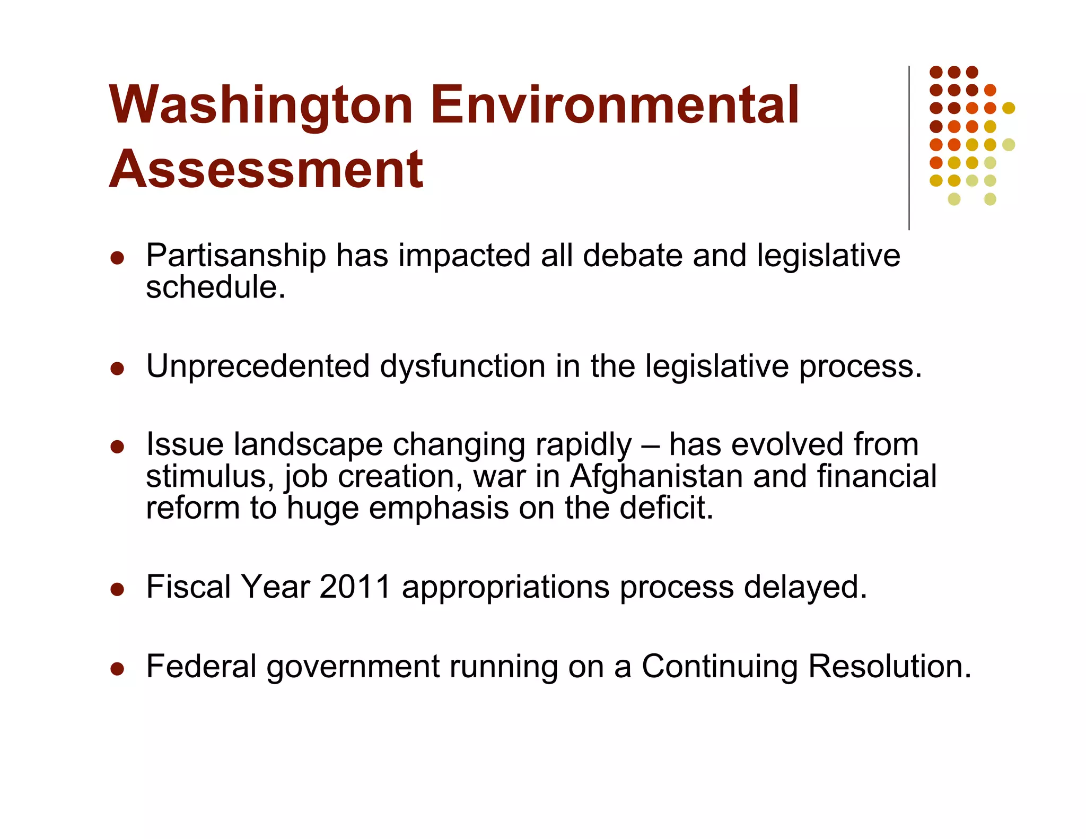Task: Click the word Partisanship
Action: (236, 256)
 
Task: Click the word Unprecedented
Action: (258, 366)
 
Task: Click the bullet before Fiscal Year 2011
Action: (117, 589)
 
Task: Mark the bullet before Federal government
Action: (117, 668)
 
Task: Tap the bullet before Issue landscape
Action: (117, 446)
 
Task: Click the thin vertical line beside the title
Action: (909, 148)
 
